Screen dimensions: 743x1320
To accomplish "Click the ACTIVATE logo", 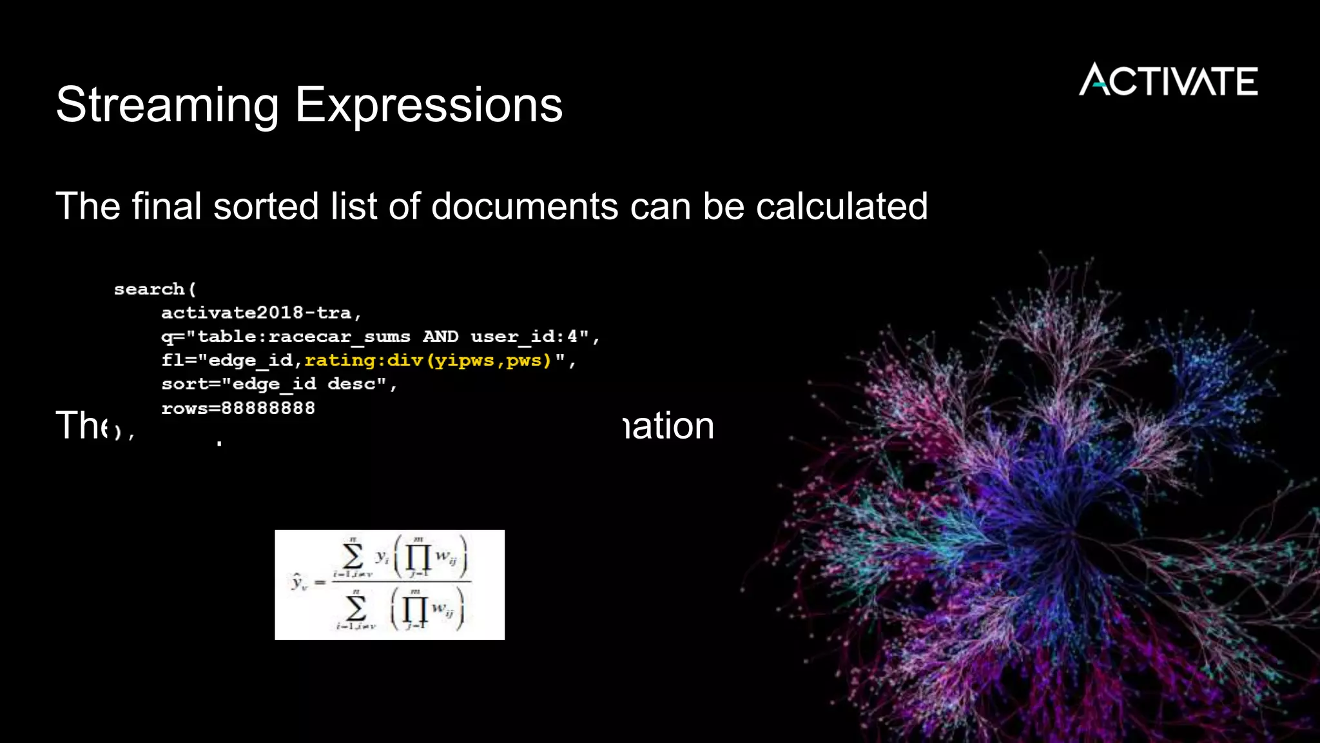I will point(1168,80).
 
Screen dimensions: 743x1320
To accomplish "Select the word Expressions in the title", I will point(429,104).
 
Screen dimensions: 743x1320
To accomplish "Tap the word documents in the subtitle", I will point(525,206).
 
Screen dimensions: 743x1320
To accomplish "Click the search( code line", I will point(155,289).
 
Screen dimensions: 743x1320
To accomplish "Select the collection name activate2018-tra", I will point(257,313).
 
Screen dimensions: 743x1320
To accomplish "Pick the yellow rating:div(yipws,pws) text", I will point(428,360).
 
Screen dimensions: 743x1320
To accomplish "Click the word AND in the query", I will point(440,337).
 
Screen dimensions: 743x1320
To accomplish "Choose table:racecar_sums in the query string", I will point(303,337).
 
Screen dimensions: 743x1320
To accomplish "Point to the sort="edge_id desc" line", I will point(278,384).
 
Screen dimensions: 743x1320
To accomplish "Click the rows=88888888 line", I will point(238,408).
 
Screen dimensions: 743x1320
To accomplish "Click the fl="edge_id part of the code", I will point(227,360).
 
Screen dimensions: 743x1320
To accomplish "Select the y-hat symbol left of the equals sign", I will point(298,582).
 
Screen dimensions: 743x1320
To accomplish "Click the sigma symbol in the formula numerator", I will point(352,556).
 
